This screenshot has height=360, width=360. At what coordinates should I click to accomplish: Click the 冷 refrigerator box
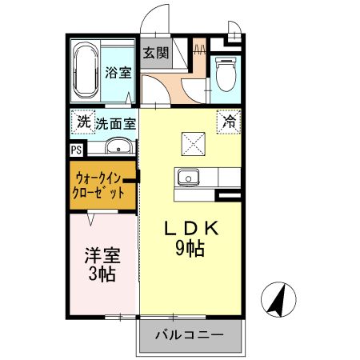click(229, 122)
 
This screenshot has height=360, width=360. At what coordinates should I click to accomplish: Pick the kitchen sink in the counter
click(188, 178)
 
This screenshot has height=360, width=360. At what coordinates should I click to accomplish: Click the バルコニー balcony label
click(189, 334)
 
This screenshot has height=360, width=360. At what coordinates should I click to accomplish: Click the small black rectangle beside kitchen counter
click(229, 194)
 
